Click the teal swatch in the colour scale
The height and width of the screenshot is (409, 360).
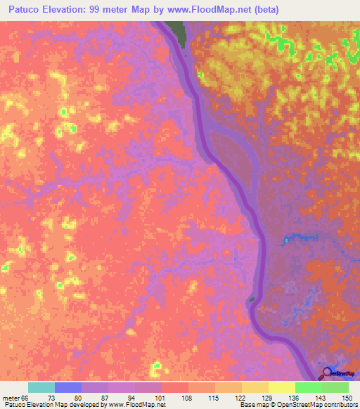click(41, 387)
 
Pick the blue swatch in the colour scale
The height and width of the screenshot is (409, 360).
click(67, 387)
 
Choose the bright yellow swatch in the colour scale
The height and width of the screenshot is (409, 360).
click(281, 387)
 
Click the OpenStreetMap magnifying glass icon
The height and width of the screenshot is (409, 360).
click(327, 373)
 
